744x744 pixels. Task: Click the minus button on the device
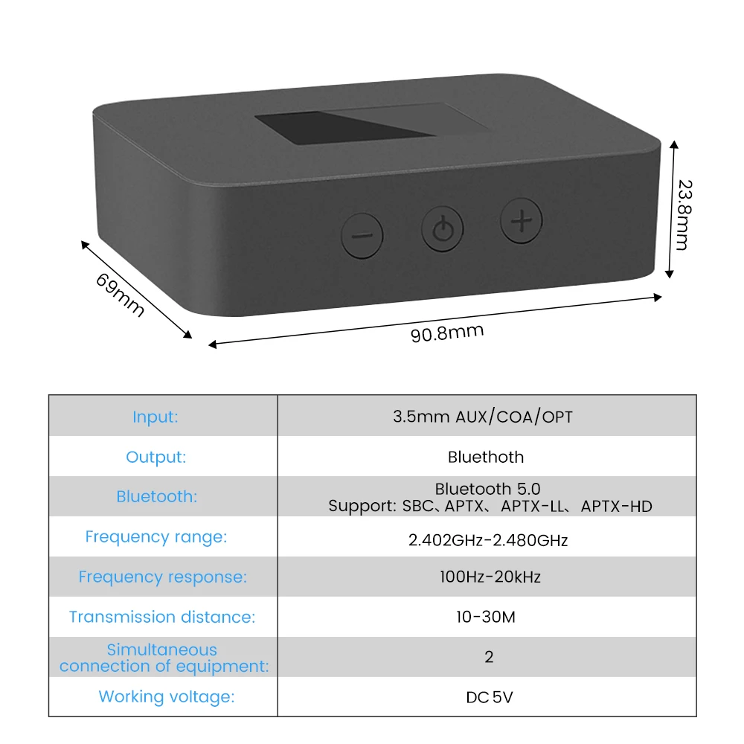362,236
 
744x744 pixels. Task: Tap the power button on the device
442,228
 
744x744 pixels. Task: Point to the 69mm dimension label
120,295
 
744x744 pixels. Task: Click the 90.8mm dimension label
447,333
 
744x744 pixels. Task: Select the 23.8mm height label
684,214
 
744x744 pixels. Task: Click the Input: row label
155,417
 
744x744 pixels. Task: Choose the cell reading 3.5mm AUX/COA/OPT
483,417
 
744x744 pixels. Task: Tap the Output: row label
155,457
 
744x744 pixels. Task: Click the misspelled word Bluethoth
486,457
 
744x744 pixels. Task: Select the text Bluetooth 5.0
488,489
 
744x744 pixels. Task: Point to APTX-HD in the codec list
616,506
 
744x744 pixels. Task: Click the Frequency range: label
156,537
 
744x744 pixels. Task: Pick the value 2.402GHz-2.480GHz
488,540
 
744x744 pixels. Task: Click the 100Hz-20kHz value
490,577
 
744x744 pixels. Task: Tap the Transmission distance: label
162,617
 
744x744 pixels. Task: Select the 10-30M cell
486,617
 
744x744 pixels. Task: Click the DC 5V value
490,697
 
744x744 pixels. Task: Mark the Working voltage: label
167,696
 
